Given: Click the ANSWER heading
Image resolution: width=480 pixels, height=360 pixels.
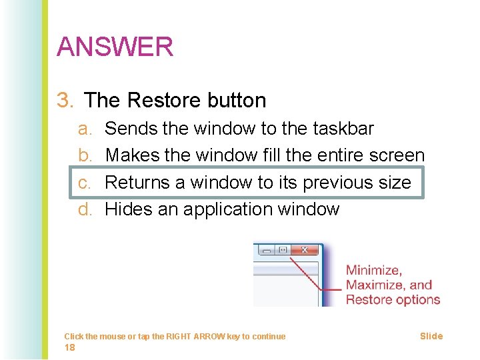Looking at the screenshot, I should click(115, 47).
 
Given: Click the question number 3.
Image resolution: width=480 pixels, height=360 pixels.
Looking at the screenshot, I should click(65, 101).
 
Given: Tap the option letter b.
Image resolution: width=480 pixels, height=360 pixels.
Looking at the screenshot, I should click(84, 155).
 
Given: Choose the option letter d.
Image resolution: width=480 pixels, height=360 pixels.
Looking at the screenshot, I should click(84, 209).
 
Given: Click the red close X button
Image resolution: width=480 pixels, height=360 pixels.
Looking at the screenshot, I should click(305, 250).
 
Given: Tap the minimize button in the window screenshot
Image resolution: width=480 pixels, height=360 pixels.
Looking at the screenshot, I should click(267, 250).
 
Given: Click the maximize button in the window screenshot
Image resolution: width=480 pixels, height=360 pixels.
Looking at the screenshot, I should click(283, 250).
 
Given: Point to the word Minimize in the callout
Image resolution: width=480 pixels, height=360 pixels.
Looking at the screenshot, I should click(373, 271).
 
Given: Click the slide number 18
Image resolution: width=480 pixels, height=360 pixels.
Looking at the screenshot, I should click(69, 347).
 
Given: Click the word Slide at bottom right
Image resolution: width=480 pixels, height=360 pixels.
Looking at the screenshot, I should click(431, 336).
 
